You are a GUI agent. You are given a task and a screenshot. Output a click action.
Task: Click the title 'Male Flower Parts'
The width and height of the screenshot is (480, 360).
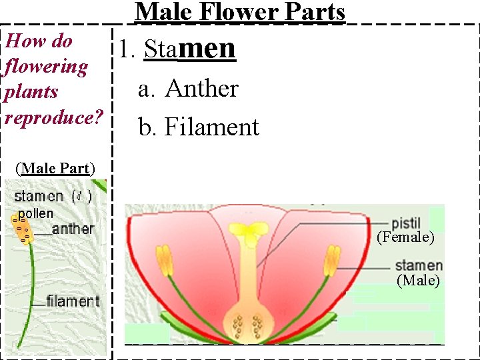(x=240, y=12)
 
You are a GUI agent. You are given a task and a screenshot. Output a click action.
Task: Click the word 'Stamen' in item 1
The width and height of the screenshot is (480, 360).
(x=190, y=49)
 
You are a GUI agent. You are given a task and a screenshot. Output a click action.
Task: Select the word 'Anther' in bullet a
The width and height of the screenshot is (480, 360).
(x=201, y=88)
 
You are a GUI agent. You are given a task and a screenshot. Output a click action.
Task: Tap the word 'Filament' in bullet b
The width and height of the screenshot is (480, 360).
(x=211, y=127)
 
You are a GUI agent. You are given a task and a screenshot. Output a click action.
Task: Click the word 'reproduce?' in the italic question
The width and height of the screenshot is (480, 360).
(x=53, y=117)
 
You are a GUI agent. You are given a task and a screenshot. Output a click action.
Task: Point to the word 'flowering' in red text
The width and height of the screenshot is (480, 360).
(x=46, y=67)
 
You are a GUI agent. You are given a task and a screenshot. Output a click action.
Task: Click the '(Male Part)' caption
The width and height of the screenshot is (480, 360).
(x=55, y=168)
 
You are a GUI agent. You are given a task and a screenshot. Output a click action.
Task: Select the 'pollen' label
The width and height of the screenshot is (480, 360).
(x=35, y=214)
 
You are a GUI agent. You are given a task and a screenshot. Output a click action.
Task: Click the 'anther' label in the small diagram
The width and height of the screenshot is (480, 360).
(x=73, y=229)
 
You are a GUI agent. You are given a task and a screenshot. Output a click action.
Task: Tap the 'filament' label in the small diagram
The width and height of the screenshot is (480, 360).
(x=73, y=301)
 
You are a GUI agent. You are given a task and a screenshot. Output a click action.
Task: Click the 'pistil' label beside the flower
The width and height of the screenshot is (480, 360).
(x=405, y=223)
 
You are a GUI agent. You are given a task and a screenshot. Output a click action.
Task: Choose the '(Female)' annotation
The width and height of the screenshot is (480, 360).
(x=405, y=237)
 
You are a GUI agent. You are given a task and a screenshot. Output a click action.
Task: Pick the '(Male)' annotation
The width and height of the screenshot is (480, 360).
(x=418, y=281)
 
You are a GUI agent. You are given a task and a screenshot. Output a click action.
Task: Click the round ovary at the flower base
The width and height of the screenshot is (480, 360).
(x=247, y=324)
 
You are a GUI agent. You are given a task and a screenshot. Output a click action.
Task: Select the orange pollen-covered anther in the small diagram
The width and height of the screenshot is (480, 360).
(x=22, y=228)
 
